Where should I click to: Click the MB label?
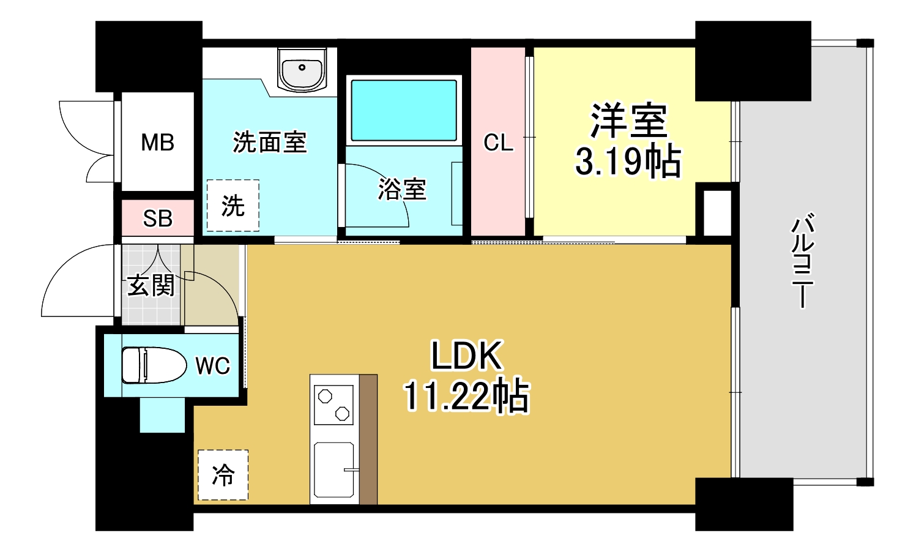157,143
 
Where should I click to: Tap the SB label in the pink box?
157,218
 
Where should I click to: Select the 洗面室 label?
269,143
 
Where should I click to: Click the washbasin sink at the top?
302,69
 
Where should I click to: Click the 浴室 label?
401,189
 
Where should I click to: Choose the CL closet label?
498,143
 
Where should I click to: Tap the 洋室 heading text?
628,121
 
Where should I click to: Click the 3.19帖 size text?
628,162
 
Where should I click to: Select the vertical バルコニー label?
802,260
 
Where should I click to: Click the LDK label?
466,355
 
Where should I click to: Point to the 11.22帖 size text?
466,396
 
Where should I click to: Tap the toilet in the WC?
153,365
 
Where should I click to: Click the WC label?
212,366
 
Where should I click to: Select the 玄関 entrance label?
151,285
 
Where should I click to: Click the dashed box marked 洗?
233,206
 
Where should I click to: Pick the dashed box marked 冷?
223,475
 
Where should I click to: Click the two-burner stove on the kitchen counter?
333,405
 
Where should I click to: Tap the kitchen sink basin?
333,469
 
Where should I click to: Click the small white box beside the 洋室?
717,213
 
